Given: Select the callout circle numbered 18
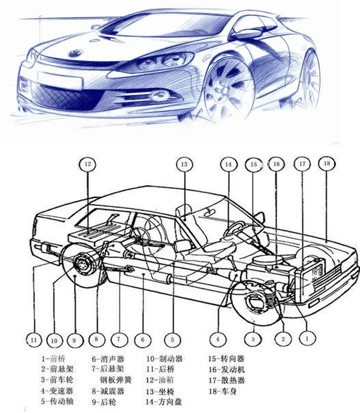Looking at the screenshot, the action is [327, 164].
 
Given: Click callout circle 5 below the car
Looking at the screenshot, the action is [173, 338].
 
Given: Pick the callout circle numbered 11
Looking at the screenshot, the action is [33, 339].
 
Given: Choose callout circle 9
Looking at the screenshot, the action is [74, 339].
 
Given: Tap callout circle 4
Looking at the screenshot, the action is [218, 338].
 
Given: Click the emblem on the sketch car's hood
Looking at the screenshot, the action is [73, 54].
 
